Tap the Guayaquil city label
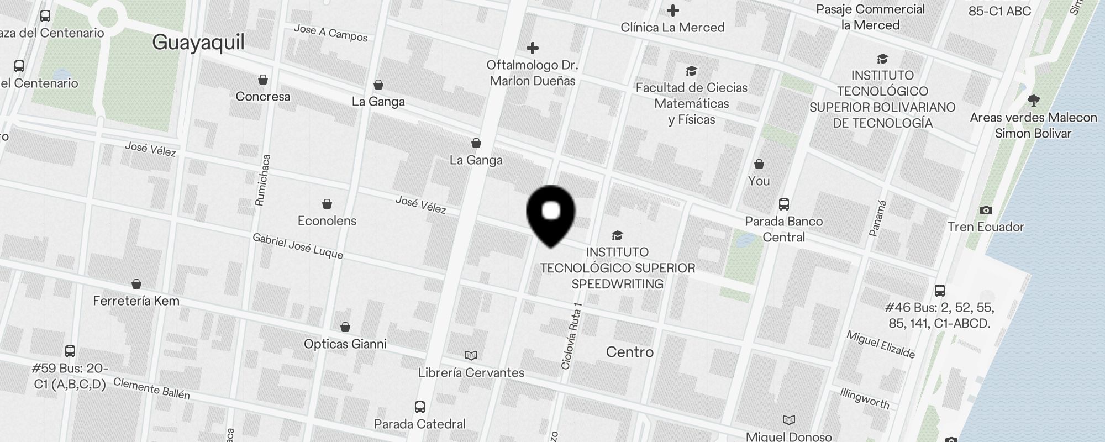tap(198, 43)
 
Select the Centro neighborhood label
tap(629, 352)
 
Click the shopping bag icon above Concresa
tap(263, 80)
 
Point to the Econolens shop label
tap(327, 221)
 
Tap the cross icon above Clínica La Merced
tap(672, 10)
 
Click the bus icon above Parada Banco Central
tap(783, 204)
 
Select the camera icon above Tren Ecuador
tap(986, 210)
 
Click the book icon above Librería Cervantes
tap(471, 355)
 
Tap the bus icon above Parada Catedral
tap(420, 407)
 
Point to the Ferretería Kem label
tap(136, 301)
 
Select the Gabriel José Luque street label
tap(298, 246)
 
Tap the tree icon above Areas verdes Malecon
tap(1033, 101)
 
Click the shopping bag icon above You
tap(759, 164)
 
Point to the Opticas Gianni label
tap(345, 344)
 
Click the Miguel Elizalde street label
tap(881, 345)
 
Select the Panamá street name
tap(878, 219)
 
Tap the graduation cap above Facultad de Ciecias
tap(691, 71)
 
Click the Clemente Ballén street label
tap(151, 389)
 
